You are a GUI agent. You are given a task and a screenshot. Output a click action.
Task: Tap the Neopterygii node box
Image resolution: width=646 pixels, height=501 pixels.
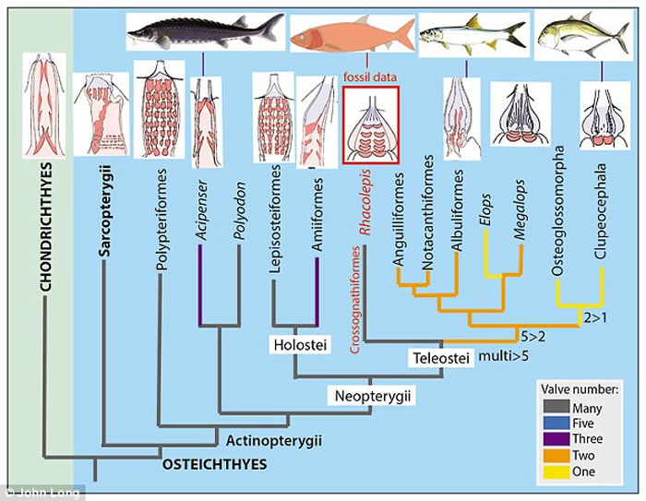point(371,396)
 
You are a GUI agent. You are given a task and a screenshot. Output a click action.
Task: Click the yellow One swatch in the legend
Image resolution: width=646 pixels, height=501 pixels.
point(553,471)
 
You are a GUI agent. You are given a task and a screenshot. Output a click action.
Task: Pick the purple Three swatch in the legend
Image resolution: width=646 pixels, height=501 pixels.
point(553,439)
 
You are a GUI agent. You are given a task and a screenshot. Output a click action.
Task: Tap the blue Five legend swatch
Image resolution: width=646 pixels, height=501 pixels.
point(553,423)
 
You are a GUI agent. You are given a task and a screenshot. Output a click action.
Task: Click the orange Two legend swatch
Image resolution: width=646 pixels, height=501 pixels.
point(553,456)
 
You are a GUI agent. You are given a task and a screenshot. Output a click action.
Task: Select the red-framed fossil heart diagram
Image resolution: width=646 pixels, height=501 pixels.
point(370,125)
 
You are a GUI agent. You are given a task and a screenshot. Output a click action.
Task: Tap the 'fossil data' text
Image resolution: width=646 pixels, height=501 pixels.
point(368,78)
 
